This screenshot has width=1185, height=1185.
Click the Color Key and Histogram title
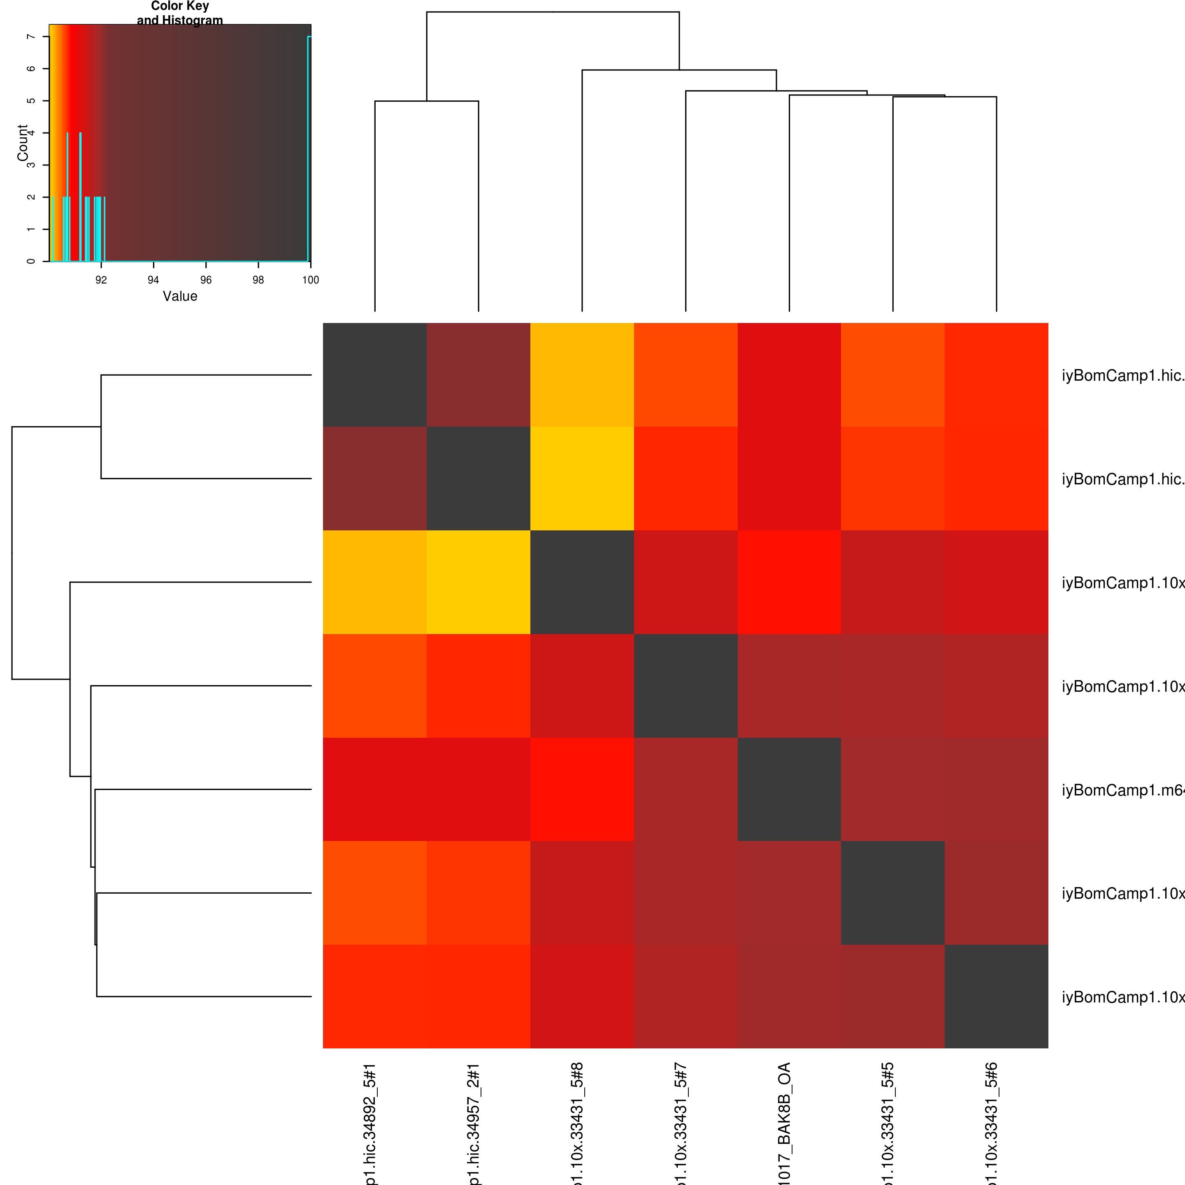pos(180,13)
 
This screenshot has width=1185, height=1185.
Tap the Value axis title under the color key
pos(180,296)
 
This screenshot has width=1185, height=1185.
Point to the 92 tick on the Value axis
pos(101,280)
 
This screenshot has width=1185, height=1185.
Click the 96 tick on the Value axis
pos(206,280)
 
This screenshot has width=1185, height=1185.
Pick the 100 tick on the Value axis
pos(310,280)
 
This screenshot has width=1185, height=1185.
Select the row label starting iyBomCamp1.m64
pos(1122,790)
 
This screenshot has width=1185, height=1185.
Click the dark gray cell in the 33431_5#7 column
pos(686,686)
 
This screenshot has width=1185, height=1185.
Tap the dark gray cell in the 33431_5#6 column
pos(996,997)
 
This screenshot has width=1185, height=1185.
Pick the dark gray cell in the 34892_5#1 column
pos(375,375)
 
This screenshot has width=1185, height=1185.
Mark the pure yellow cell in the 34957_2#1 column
pos(479,582)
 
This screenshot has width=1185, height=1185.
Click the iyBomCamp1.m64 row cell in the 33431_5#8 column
pos(582,790)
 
